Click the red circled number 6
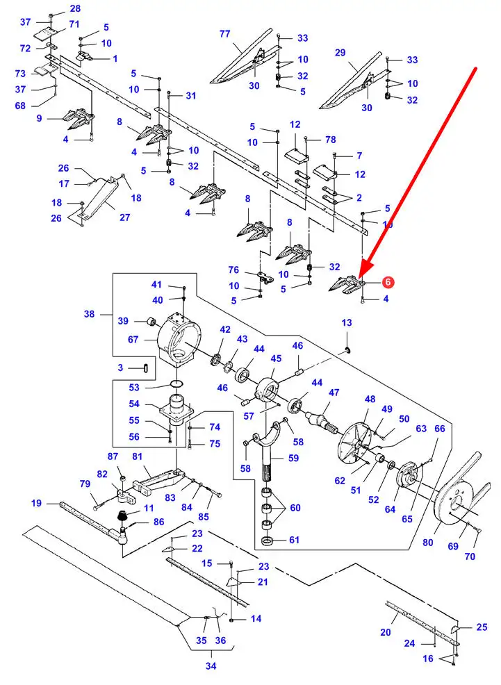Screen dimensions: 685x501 tap(388, 283)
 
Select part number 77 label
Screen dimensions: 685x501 tap(224, 33)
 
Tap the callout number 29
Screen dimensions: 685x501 tap(340, 53)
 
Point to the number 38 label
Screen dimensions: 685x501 tap(90, 314)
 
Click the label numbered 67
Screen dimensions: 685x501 tap(133, 340)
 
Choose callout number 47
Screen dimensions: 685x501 tap(334, 393)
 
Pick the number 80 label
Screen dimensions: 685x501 tap(427, 542)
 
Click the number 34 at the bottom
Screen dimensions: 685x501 tap(211, 666)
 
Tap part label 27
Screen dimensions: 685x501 tap(124, 217)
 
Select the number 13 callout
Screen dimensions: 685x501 tap(347, 322)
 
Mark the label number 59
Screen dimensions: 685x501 tap(294, 458)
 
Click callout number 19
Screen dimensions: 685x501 tap(37, 502)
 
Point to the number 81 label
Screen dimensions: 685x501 tap(137, 456)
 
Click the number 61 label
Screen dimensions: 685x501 tap(295, 540)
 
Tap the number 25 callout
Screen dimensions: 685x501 tap(482, 627)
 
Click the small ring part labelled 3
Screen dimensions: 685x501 tap(145, 367)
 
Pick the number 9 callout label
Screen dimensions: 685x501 tap(40, 118)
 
